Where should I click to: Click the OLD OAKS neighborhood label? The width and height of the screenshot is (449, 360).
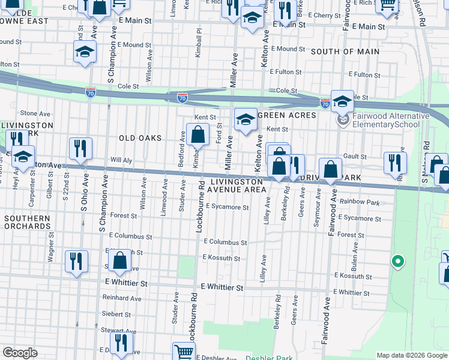pos(140,138)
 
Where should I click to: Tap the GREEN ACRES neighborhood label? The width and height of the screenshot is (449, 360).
pos(286,115)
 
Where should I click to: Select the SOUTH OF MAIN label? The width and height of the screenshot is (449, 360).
pos(345,52)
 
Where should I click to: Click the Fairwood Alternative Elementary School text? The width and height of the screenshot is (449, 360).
pos(391,120)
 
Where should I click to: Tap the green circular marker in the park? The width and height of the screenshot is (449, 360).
pos(396,261)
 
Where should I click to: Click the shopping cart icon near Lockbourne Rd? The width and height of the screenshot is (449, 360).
pos(184,352)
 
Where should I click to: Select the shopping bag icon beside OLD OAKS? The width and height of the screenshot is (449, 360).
pos(197,134)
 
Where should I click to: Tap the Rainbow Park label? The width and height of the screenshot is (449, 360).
pos(359,203)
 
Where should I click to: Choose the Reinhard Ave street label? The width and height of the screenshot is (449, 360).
pos(122,298)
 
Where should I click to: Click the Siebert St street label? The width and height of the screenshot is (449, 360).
pos(116,314)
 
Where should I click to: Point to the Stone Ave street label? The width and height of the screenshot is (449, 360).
pos(35,113)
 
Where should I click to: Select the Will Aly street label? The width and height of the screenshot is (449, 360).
pos(121,160)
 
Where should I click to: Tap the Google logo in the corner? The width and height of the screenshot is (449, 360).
pos(20,353)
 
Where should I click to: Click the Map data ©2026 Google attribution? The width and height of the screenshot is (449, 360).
pos(411,355)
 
